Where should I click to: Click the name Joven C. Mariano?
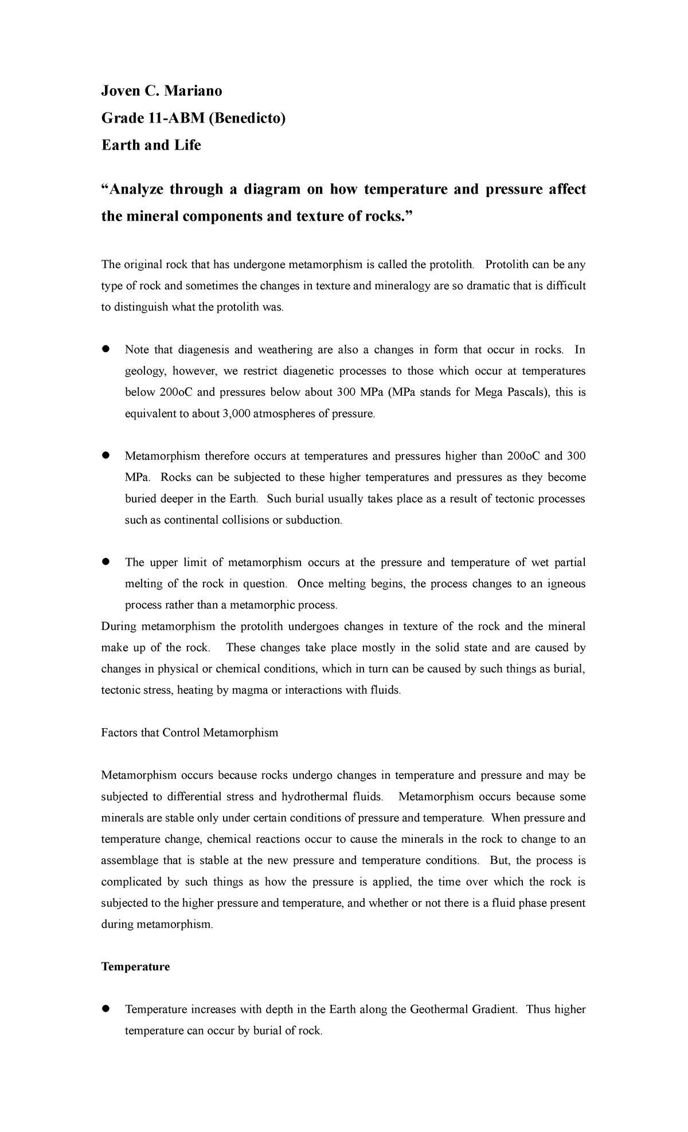pos(162,91)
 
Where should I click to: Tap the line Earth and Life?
pos(151,146)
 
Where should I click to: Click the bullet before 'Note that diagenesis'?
pos(105,349)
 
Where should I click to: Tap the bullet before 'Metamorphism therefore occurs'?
pos(105,456)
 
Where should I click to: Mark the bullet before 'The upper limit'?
pos(105,562)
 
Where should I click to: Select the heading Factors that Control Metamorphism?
pos(189,733)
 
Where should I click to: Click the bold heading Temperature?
pos(135,967)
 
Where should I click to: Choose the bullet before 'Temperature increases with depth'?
pos(105,1009)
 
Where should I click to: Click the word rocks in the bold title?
pos(380,217)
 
